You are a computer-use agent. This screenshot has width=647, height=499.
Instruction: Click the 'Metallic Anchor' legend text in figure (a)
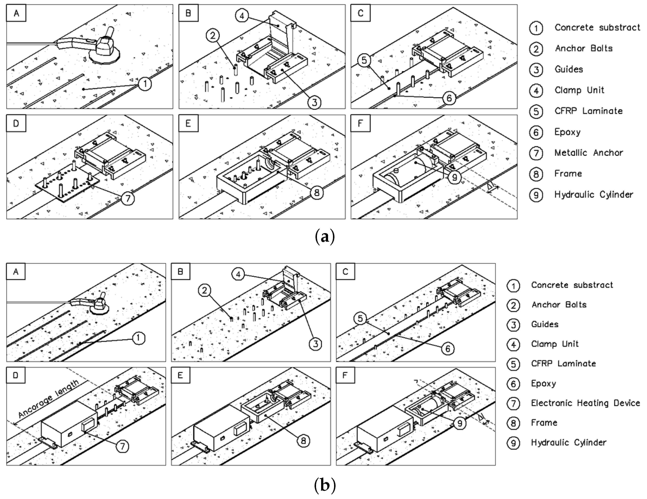[x=589, y=153]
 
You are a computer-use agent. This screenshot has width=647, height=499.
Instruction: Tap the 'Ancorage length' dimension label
[x=49, y=398]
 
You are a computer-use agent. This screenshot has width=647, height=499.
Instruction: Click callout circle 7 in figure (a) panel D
[x=128, y=198]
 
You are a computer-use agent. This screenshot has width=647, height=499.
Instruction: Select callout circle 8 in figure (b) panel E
[x=303, y=441]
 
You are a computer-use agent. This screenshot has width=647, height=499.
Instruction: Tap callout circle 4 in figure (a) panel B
[x=242, y=16]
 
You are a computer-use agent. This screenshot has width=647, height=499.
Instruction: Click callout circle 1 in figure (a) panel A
[x=145, y=84]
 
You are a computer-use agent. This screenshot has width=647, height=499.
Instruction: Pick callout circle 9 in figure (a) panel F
[x=454, y=177]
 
